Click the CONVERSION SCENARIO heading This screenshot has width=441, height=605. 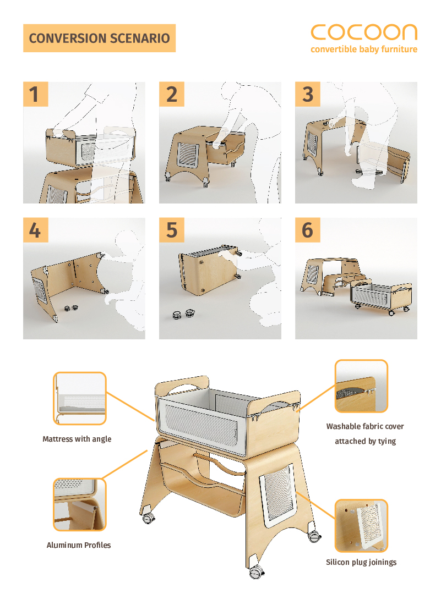click(x=99, y=38)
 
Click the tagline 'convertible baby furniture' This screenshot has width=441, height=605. click(x=364, y=50)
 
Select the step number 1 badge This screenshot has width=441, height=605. click(x=35, y=94)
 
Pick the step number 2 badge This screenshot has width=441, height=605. click(x=172, y=94)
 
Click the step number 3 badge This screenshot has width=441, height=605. click(x=308, y=94)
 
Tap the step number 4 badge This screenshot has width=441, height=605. click(x=35, y=230)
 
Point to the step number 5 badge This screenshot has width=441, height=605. click(x=172, y=230)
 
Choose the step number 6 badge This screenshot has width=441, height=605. click(x=308, y=230)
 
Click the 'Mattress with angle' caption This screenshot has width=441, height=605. click(x=77, y=439)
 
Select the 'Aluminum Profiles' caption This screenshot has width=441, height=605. click(x=79, y=545)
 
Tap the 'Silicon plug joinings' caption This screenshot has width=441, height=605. click(x=361, y=562)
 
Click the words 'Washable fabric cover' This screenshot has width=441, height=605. click(x=365, y=426)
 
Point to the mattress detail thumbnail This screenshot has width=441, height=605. click(x=79, y=398)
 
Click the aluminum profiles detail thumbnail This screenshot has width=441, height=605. click(x=79, y=504)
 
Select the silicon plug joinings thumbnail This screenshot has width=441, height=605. click(x=361, y=525)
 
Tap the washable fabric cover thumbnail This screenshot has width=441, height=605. click(x=361, y=386)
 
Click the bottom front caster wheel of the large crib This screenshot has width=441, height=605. click(x=255, y=573)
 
